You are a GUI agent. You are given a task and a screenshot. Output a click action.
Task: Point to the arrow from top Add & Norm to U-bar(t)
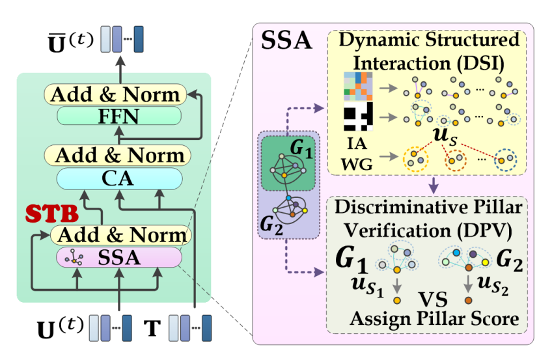119,68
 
